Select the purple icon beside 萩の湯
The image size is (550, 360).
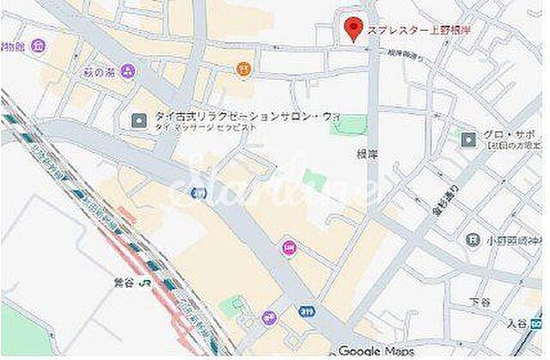pyautogui.click(x=128, y=70)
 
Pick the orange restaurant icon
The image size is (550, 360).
pyautogui.click(x=245, y=68)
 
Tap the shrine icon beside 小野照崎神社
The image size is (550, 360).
pyautogui.click(x=474, y=241)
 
